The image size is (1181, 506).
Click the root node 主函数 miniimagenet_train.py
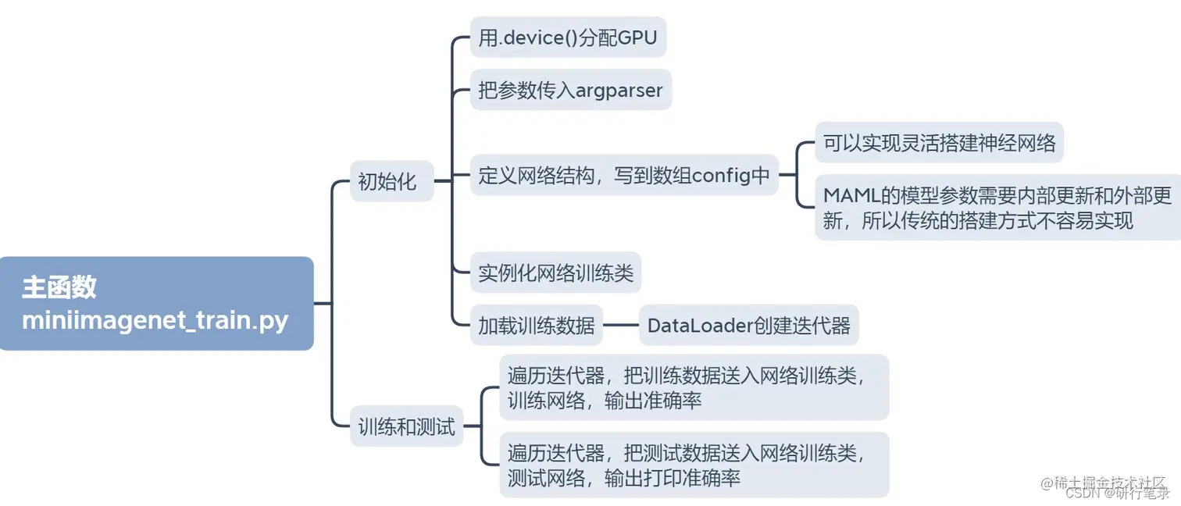tap(156, 303)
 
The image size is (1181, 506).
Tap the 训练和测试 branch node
tap(406, 426)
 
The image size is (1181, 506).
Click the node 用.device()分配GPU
tap(568, 37)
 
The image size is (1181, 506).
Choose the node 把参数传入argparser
tap(570, 90)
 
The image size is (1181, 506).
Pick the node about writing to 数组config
tap(624, 176)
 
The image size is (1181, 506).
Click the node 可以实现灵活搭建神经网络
tap(939, 143)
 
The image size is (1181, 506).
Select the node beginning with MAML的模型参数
tap(997, 207)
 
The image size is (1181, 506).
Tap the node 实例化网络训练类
tap(555, 273)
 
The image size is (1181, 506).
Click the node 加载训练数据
tap(536, 325)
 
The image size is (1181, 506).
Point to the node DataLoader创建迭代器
tap(748, 325)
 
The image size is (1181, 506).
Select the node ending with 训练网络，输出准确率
tap(694, 387)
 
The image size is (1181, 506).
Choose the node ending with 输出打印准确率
tap(694, 465)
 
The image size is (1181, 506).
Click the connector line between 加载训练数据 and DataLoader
tap(621, 325)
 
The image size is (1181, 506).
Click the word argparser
tap(619, 90)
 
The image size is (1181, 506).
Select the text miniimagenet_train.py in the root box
tap(155, 320)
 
